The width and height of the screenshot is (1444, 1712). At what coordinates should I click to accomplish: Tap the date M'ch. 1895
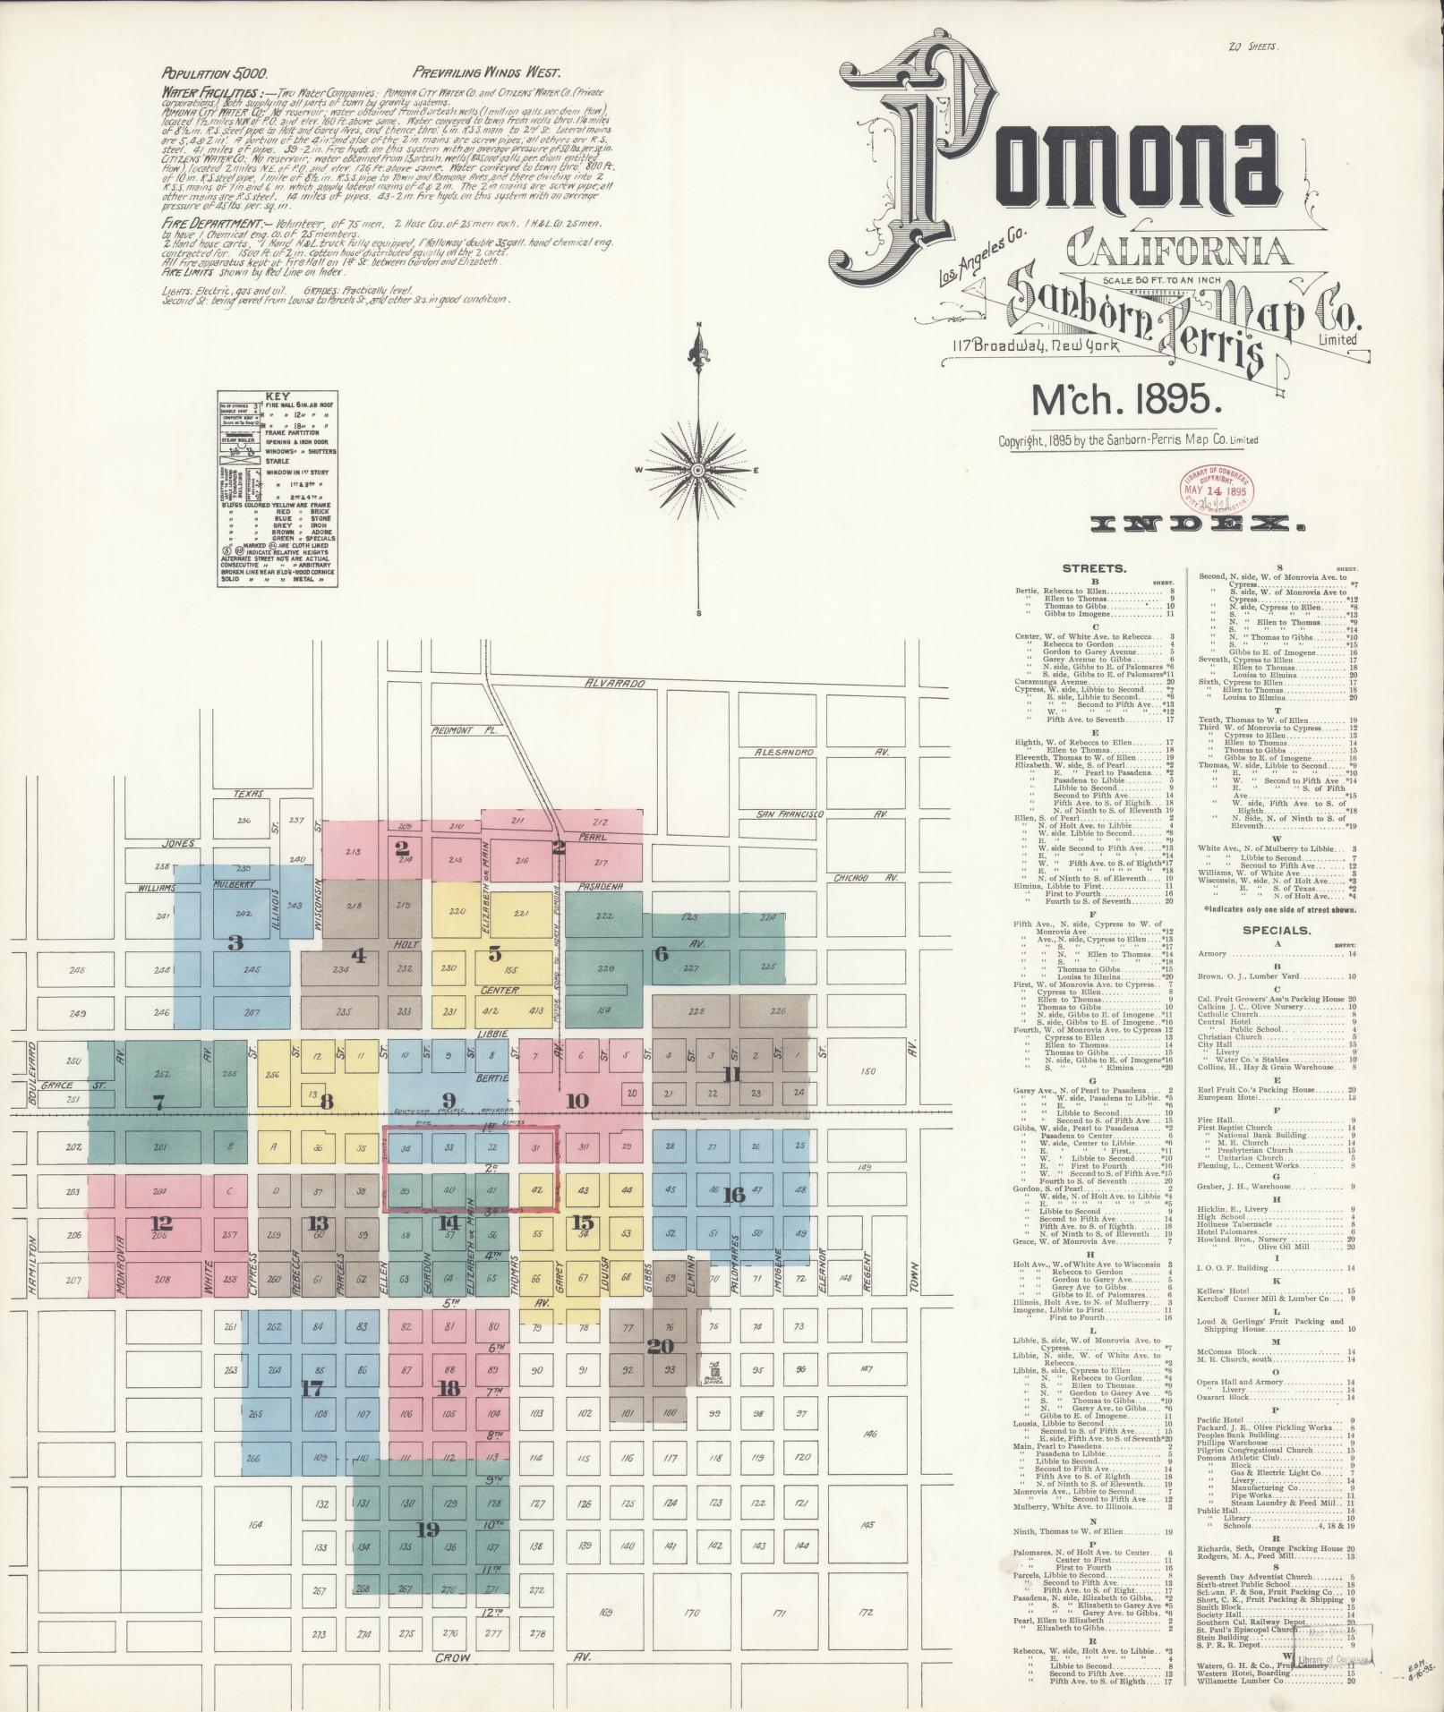(1126, 400)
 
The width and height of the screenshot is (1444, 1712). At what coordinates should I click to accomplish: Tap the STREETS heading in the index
(1093, 568)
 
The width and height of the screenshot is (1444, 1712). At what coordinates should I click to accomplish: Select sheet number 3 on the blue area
(235, 942)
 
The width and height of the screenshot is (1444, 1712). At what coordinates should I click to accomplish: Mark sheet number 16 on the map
(734, 1195)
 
